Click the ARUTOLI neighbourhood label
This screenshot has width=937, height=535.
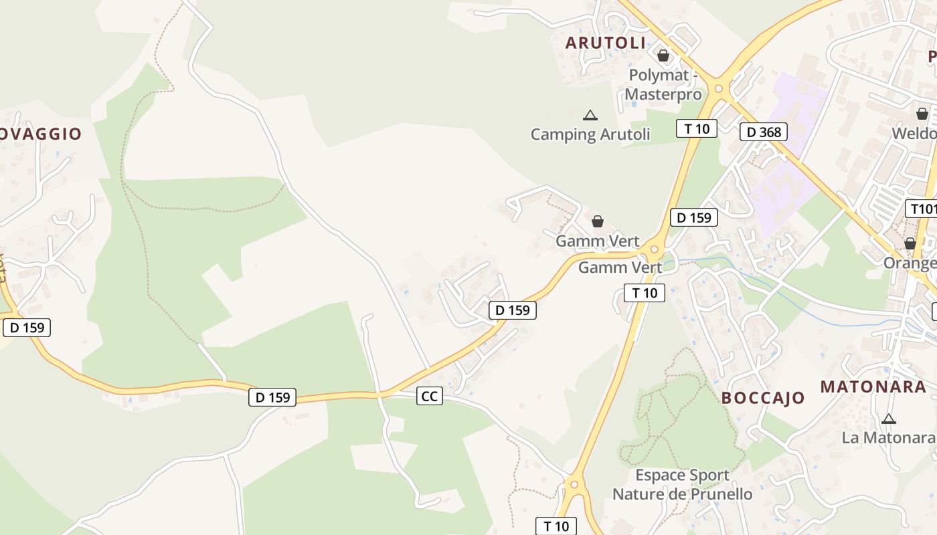[x=606, y=43]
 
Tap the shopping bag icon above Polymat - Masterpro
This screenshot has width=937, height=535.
[x=663, y=56]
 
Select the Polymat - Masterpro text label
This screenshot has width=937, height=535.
[x=663, y=85]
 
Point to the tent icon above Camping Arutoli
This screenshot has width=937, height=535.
[x=590, y=115]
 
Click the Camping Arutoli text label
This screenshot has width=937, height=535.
[x=590, y=134]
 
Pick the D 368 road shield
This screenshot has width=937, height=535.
[x=764, y=132]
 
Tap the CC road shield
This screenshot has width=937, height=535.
[x=429, y=396]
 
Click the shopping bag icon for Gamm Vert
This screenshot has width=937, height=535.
[x=598, y=221]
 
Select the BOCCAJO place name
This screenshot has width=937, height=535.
[x=763, y=398]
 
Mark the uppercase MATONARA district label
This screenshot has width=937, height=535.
[x=873, y=387]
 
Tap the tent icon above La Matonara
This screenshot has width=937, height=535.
[x=888, y=419]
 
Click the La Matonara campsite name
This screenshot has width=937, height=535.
[x=888, y=438]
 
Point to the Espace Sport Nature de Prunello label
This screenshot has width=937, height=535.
[x=682, y=485]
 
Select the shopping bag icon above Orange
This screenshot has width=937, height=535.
[x=910, y=243]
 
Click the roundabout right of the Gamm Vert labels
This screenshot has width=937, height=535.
[x=654, y=250]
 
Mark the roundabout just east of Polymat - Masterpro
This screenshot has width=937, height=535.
[x=719, y=88]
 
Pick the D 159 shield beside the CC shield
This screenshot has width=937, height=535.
[x=272, y=397]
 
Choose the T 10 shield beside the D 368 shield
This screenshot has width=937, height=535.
[x=697, y=128]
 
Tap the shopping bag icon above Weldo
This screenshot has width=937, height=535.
[x=922, y=114]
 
